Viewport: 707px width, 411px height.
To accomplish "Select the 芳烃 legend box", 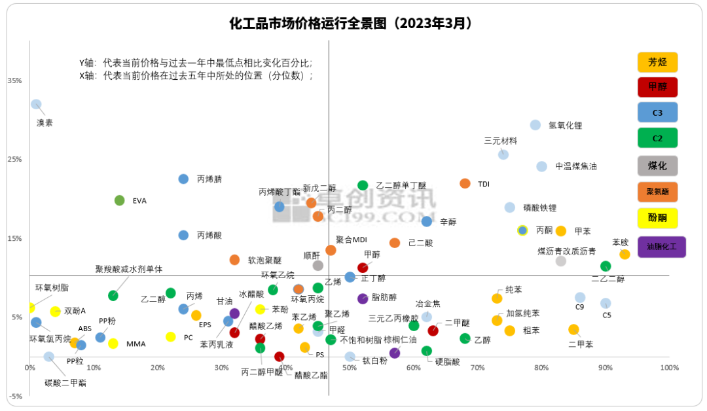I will coord(657,62).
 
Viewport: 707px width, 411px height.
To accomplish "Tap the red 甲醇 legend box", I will coord(657,87).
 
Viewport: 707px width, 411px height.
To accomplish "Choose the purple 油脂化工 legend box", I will coord(661,247).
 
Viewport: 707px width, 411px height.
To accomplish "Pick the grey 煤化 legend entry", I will coord(657,166).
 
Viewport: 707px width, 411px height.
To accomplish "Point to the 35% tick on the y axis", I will coord(14,80).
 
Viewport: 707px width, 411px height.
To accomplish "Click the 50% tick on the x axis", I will coord(350,368).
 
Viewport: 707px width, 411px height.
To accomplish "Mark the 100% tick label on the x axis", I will coord(669,368).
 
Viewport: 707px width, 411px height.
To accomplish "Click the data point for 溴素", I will coord(36,104).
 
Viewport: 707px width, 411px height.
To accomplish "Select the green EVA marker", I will coord(119,200).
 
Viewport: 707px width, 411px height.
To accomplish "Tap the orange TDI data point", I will coord(465,183).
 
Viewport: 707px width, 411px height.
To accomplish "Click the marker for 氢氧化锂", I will coord(535,125).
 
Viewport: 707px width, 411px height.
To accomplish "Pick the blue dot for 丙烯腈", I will coord(183,179).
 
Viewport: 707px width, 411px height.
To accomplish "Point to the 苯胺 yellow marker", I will coord(625,254).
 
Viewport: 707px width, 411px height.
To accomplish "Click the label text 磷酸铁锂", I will coord(540,208).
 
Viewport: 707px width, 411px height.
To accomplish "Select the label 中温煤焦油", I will coord(576,166).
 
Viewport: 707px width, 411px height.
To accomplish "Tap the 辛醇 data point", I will coord(427,221).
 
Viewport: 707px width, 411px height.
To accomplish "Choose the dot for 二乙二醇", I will coord(606,266).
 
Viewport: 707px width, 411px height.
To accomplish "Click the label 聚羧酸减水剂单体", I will coord(129,269).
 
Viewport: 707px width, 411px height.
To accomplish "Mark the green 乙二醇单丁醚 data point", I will coord(363,185).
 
